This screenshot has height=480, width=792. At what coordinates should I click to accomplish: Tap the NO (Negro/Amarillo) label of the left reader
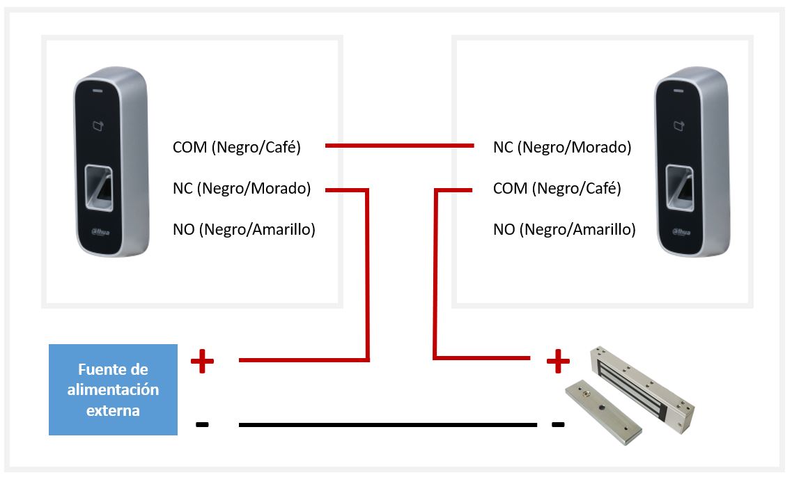[244, 229]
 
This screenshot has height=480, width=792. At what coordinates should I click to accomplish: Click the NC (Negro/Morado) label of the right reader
[562, 147]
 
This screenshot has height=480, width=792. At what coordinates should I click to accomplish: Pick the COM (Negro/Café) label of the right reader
[557, 188]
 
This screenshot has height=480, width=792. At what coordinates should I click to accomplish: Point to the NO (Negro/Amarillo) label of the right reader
[564, 229]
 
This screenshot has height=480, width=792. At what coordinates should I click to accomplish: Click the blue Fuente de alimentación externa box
[113, 389]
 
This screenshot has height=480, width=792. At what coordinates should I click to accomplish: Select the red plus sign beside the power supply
[202, 360]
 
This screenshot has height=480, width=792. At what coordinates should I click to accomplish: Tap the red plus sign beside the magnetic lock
[557, 360]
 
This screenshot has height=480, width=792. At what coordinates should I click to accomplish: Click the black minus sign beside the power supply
[202, 424]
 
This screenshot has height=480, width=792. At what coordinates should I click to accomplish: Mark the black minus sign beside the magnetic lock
[557, 424]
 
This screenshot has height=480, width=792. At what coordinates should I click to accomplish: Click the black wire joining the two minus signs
[387, 424]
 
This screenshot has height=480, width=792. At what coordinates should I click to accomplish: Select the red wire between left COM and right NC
[398, 146]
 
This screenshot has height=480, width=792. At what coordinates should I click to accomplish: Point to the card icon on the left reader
[98, 127]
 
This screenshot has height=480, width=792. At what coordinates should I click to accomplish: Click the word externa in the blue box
[113, 410]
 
